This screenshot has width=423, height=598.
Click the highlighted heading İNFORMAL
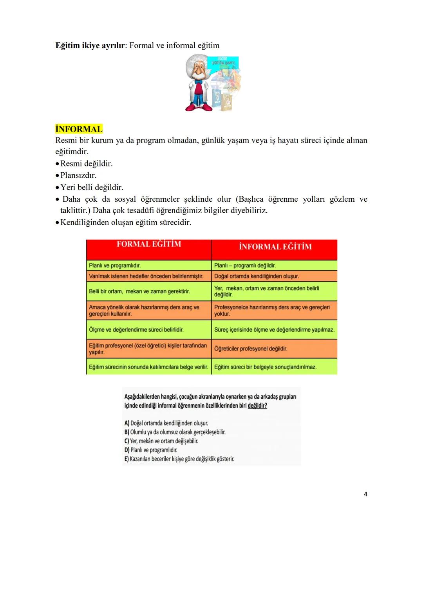pyautogui.click(x=79, y=129)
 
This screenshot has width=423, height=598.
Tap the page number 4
pyautogui.click(x=365, y=494)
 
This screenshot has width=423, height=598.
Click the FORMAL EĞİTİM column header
pyautogui.click(x=149, y=244)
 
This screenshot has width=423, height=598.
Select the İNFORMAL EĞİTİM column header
pyautogui.click(x=275, y=247)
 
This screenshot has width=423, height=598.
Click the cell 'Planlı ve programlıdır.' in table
pyautogui.click(x=115, y=266)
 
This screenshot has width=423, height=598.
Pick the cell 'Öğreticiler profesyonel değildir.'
pyautogui.click(x=251, y=349)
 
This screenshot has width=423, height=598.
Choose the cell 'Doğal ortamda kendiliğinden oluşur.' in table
pyautogui.click(x=257, y=276)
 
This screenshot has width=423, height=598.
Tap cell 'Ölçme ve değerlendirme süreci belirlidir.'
pyautogui.click(x=136, y=330)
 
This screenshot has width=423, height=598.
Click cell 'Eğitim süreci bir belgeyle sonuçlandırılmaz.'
pyautogui.click(x=265, y=367)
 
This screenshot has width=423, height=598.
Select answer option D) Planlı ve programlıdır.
pyautogui.click(x=151, y=450)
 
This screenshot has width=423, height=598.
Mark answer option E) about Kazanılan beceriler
pyautogui.click(x=179, y=459)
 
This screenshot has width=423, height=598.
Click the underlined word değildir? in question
pyautogui.click(x=257, y=406)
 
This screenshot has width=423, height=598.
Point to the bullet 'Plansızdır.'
pyautogui.click(x=78, y=175)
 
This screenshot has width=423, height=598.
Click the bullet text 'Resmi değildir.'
pyautogui.click(x=86, y=164)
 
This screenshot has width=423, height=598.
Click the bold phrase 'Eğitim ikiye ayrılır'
pyautogui.click(x=90, y=45)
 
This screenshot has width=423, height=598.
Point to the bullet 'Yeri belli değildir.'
pyautogui.click(x=92, y=187)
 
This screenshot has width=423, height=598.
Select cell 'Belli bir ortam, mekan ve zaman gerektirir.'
pyautogui.click(x=139, y=291)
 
